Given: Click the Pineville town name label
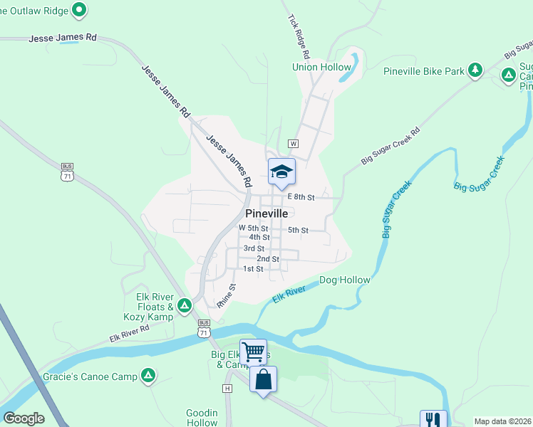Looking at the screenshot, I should pyautogui.click(x=266, y=213).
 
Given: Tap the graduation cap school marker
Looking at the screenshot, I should pyautogui.click(x=281, y=171).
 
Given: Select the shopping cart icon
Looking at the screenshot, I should pyautogui.click(x=253, y=352).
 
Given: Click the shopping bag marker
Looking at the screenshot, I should pyautogui.click(x=264, y=379).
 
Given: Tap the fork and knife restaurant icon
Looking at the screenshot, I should pyautogui.click(x=433, y=419).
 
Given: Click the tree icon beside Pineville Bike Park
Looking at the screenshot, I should pyautogui.click(x=475, y=70).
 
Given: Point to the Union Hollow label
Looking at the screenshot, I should pyautogui.click(x=321, y=68).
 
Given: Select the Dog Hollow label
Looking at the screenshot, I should pyautogui.click(x=345, y=280).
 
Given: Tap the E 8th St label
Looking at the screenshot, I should pyautogui.click(x=301, y=197).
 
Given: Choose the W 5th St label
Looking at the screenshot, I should pyautogui.click(x=254, y=228).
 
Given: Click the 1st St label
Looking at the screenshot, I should pyautogui.click(x=253, y=269).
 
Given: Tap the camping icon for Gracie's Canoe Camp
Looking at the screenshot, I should pyautogui.click(x=148, y=374).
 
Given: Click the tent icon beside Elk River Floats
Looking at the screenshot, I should pyautogui.click(x=185, y=305).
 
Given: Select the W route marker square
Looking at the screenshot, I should pyautogui.click(x=293, y=143).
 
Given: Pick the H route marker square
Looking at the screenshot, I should pyautogui.click(x=227, y=389).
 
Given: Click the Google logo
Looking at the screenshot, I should pyautogui.click(x=24, y=418).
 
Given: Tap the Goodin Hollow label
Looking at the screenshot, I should pyautogui.click(x=201, y=417).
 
